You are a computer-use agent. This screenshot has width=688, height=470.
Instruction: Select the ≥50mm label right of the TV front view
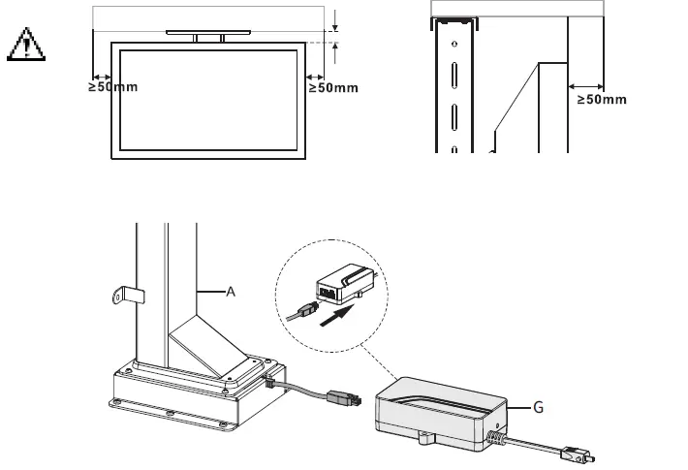(333, 88)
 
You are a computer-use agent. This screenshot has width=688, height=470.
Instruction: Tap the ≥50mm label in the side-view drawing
(602, 99)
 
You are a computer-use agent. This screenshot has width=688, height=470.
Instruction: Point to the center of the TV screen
(205, 98)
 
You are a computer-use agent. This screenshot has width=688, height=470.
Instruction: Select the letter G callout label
(538, 408)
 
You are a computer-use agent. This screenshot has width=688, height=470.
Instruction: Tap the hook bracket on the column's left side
(121, 295)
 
